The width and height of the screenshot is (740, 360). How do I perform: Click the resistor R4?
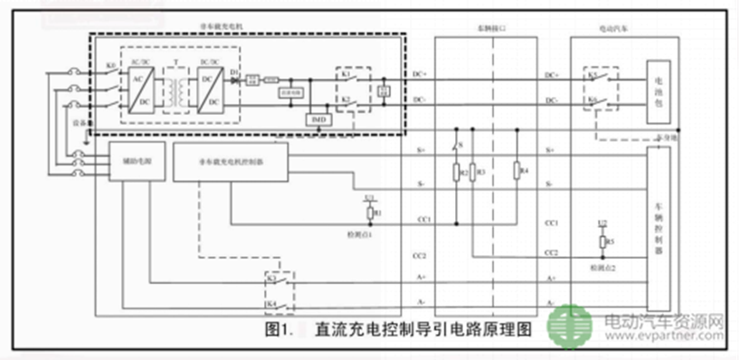click(514, 170)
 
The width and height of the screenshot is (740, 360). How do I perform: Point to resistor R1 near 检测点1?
click(370, 213)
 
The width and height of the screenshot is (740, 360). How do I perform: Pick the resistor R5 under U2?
click(602, 242)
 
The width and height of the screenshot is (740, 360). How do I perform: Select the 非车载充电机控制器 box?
click(230, 162)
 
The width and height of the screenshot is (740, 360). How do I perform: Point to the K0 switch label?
click(109, 66)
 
